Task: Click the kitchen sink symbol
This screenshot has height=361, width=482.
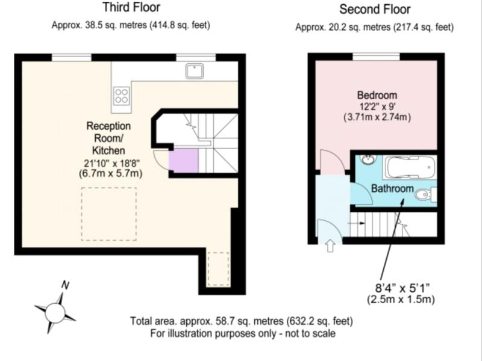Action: point(194,71)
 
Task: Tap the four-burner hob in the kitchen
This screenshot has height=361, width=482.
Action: point(121,96)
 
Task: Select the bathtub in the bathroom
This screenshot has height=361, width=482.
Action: point(410,167)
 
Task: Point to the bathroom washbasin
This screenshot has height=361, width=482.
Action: point(367,159)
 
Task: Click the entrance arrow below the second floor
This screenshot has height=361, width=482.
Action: point(330,245)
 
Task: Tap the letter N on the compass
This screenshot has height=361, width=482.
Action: point(65,285)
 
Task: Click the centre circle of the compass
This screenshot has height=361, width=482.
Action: point(55,313)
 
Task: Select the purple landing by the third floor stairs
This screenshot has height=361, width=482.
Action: point(184,161)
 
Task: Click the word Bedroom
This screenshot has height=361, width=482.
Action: point(377,95)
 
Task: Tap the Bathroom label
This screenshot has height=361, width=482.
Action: point(392,188)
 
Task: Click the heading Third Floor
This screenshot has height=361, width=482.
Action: point(131,7)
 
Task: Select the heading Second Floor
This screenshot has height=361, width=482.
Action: point(375,9)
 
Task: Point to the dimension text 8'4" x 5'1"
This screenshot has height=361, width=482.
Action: point(402,288)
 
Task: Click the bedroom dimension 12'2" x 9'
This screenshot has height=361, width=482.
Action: point(377,106)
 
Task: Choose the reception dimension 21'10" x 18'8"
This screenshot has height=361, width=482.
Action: point(110,163)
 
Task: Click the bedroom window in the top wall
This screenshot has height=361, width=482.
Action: point(376,57)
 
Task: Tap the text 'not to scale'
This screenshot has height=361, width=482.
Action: point(310,333)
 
